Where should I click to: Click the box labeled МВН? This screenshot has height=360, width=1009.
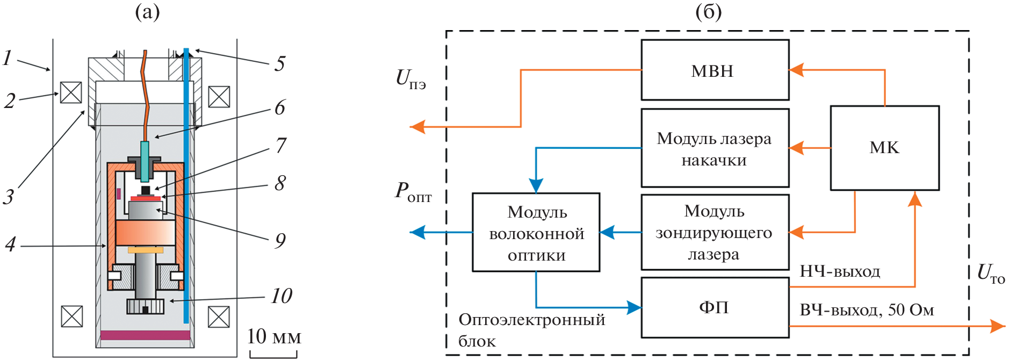pyautogui.click(x=715, y=70)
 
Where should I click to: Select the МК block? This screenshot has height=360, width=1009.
pyautogui.click(x=884, y=148)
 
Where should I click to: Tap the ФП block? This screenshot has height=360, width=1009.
pyautogui.click(x=715, y=307)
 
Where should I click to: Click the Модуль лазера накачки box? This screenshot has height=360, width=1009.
pyautogui.click(x=715, y=148)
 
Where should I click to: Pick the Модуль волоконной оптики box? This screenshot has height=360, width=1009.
pyautogui.click(x=536, y=233)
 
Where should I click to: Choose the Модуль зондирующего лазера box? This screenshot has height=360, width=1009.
pyautogui.click(x=715, y=232)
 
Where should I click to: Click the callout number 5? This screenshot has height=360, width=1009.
pyautogui.click(x=279, y=64)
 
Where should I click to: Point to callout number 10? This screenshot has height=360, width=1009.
pyautogui.click(x=282, y=296)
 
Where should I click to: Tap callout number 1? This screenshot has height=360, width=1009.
pyautogui.click(x=7, y=58)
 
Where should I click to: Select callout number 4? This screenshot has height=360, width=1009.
pyautogui.click(x=10, y=245)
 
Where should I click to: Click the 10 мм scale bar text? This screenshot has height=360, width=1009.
pyautogui.click(x=274, y=337)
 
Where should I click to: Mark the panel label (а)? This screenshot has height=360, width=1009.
pyautogui.click(x=147, y=12)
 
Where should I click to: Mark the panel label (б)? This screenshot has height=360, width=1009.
pyautogui.click(x=708, y=12)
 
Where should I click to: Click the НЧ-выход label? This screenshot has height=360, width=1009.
pyautogui.click(x=840, y=271)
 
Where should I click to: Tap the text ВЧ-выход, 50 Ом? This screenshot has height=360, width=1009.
pyautogui.click(x=867, y=310)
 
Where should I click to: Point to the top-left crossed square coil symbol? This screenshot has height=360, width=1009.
pyautogui.click(x=71, y=92)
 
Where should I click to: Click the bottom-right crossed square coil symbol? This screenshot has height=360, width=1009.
pyautogui.click(x=219, y=316)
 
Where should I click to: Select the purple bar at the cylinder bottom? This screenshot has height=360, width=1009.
pyautogui.click(x=145, y=335)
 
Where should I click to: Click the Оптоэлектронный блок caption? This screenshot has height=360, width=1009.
pyautogui.click(x=531, y=330)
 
